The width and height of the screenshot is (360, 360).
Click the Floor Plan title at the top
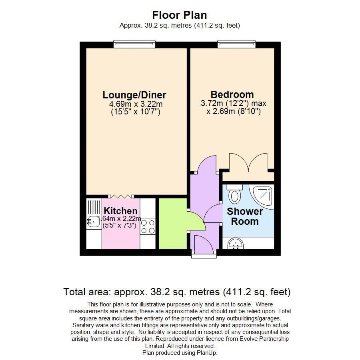tap(180, 15)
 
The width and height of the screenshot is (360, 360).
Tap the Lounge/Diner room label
tap(134, 95)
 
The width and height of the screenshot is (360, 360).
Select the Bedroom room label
tap(232, 95)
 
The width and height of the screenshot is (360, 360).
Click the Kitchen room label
tap(120, 211)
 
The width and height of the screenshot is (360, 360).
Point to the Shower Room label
tap(245, 216)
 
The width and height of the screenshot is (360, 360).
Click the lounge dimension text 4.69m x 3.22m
tap(136, 104)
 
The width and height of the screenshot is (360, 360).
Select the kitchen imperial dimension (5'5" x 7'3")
tap(120, 226)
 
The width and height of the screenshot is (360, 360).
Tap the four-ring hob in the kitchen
tap(148, 227)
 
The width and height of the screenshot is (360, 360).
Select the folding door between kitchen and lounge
tap(120, 196)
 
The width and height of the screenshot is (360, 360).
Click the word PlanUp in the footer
tap(206, 353)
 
